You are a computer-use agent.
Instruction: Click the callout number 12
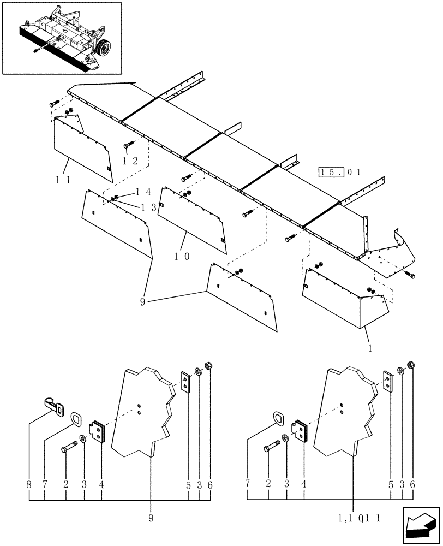[129, 161]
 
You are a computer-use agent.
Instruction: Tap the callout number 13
[149, 207]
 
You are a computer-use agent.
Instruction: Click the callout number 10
[183, 256]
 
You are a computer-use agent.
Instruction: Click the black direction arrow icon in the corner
[421, 525]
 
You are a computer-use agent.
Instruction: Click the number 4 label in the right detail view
[304, 484]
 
